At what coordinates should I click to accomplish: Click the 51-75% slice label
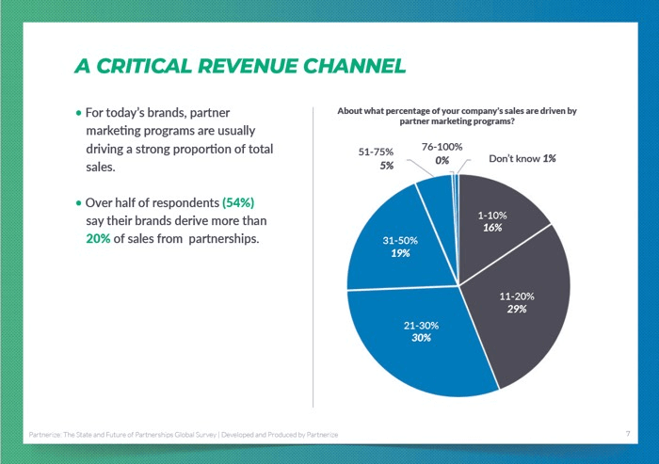point(376,151)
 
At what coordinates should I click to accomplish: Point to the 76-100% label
point(442,147)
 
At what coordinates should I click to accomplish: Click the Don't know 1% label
point(522,158)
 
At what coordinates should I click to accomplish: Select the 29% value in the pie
point(516,309)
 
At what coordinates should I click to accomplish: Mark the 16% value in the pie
point(491,228)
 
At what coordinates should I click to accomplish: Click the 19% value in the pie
point(399,253)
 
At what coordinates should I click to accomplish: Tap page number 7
point(627,433)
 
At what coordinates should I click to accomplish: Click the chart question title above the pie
point(456,116)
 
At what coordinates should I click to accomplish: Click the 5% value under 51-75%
point(386,166)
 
